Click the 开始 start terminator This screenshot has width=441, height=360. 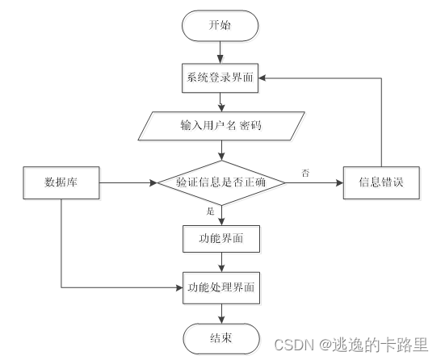click(220, 25)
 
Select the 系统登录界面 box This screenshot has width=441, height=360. click(220, 78)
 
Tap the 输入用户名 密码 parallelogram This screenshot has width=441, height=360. click(220, 127)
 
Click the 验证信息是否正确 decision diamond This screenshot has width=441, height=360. click(220, 183)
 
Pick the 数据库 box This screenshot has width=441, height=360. click(61, 183)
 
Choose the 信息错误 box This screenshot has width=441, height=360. click(382, 183)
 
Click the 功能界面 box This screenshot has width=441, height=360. click(220, 238)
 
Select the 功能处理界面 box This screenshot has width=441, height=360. click(220, 287)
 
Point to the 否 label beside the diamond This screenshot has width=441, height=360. click(304, 173)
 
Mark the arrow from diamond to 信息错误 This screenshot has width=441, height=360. click(315, 183)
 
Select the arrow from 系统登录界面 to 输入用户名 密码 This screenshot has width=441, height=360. click(220, 103)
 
